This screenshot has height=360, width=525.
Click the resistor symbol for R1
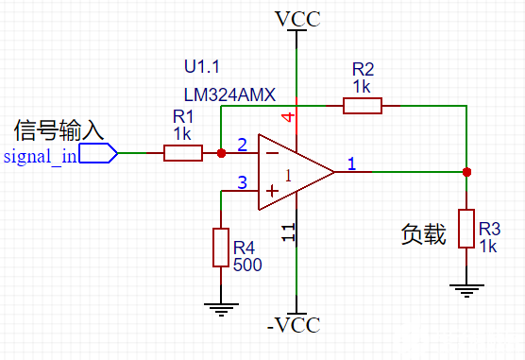182,152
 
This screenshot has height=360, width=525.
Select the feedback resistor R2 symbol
362,105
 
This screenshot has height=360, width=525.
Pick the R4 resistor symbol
221,246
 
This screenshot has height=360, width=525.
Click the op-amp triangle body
300,173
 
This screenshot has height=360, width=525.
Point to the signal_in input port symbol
98,153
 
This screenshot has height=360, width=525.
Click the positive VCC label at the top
296,18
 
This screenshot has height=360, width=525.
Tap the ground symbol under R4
221,304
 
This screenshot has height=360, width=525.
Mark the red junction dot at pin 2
221,152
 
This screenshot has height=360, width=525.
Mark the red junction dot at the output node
466,172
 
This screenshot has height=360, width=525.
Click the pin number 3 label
242,182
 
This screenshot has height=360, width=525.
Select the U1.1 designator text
201,67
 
